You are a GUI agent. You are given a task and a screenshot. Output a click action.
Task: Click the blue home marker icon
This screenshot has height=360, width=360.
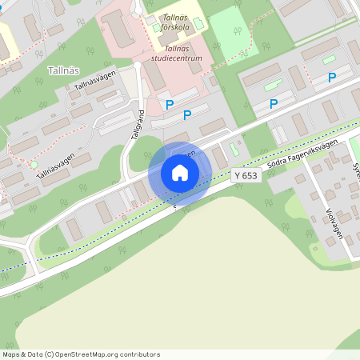click(x=180, y=173)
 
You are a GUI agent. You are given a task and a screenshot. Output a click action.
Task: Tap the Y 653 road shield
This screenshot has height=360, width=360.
click(x=246, y=175)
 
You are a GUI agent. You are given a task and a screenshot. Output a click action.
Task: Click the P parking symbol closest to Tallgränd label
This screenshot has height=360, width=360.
click(x=169, y=105)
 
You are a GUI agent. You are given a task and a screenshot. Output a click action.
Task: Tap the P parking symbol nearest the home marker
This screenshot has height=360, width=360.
click(x=187, y=115)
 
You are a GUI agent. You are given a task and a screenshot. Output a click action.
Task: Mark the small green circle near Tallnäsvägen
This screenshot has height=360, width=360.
click(x=34, y=166)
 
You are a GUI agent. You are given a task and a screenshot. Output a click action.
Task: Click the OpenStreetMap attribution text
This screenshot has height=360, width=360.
click(x=81, y=354)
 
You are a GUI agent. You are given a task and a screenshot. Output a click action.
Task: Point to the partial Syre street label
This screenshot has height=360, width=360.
click(x=355, y=171)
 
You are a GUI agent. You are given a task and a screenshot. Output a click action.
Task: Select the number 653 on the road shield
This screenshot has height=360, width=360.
click(x=250, y=175)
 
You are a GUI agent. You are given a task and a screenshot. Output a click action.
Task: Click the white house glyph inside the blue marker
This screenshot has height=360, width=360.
click(x=180, y=173)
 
